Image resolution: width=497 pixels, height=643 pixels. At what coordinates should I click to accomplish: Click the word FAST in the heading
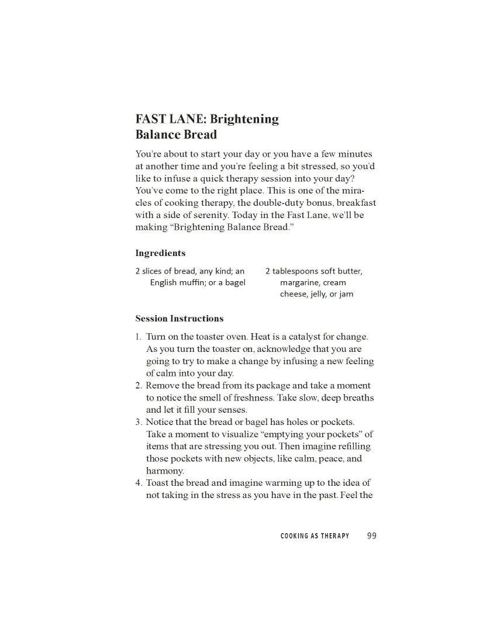[x=149, y=119]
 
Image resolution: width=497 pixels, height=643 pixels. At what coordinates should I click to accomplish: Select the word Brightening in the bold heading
[x=244, y=119]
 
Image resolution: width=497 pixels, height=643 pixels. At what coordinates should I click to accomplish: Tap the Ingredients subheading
[x=160, y=253]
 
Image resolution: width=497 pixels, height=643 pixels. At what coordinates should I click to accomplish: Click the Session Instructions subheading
[x=179, y=319]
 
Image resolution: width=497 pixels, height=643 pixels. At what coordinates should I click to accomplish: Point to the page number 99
[x=372, y=535]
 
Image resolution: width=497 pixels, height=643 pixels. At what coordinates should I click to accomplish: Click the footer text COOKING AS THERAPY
[x=315, y=536]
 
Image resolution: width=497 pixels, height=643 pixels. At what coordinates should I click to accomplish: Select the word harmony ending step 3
[x=164, y=471]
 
